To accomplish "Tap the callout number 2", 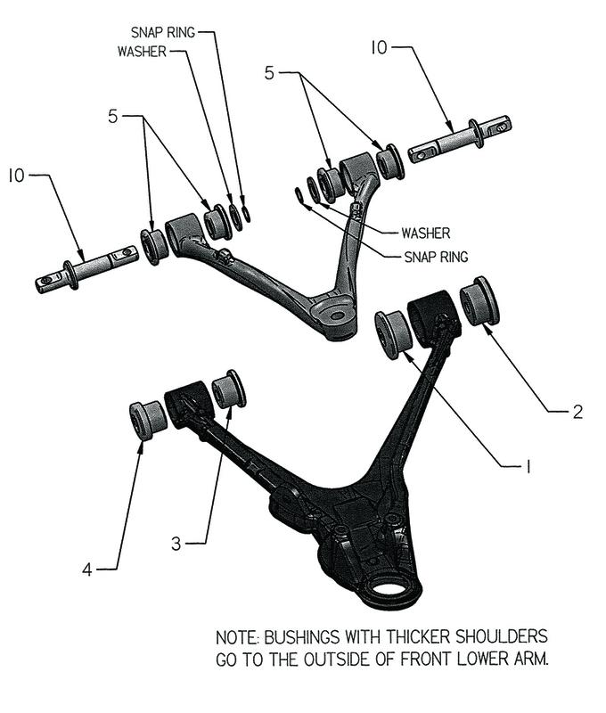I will point(577,411).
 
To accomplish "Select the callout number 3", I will point(176,541).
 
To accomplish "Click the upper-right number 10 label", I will point(379,47).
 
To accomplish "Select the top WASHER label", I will point(141,51).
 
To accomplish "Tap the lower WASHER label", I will point(425,234).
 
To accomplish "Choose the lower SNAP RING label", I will point(430,256).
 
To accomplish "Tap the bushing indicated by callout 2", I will point(479,301).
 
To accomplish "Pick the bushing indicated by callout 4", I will point(146,420).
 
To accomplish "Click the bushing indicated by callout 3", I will point(229,389).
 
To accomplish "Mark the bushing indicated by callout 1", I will point(392,333).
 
